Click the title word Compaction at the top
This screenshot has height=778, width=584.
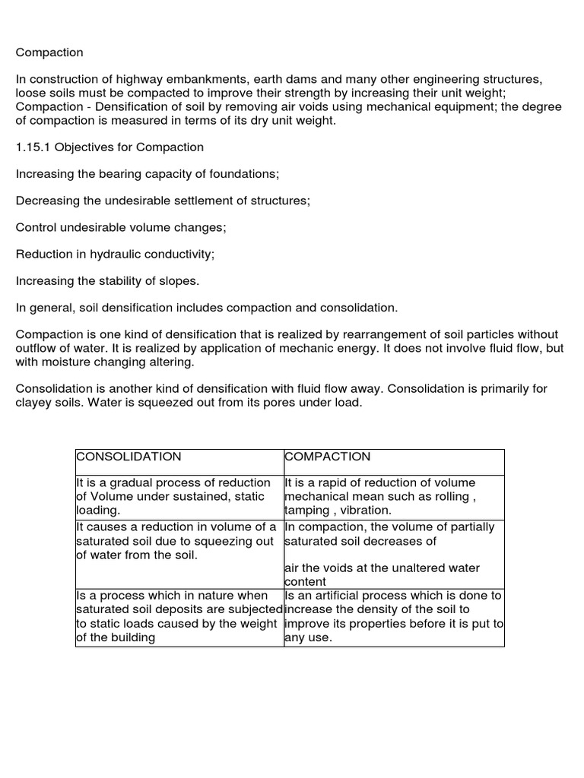tap(49, 52)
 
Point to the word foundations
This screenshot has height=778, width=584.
tap(245, 174)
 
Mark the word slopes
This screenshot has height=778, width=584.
tap(180, 281)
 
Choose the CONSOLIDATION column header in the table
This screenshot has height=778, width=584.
tap(129, 457)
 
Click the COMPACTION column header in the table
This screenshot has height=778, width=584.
tap(328, 457)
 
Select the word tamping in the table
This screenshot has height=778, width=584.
tap(308, 511)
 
